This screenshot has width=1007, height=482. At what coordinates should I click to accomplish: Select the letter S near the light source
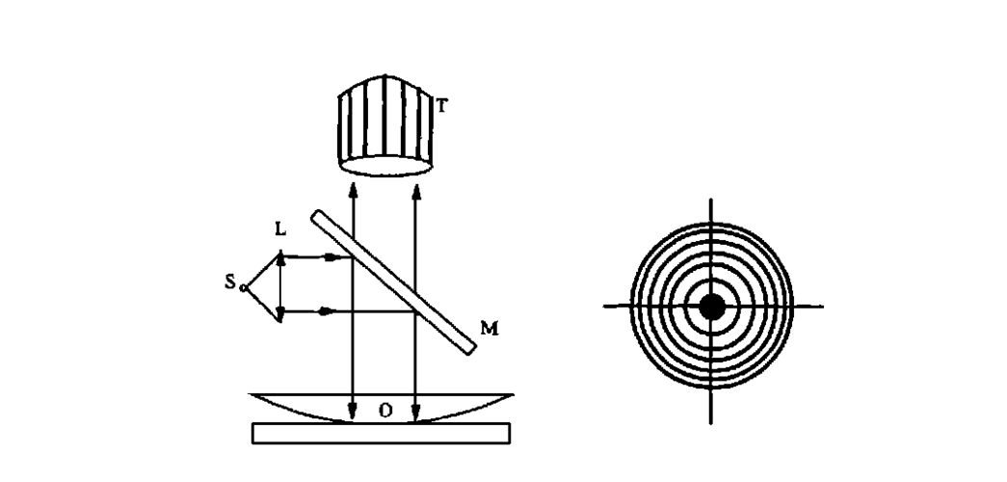(x=230, y=282)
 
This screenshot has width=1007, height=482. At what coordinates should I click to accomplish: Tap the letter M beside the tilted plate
(x=490, y=329)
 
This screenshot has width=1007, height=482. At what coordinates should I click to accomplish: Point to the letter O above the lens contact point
(x=385, y=411)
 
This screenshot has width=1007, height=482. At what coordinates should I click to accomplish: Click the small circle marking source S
(x=244, y=288)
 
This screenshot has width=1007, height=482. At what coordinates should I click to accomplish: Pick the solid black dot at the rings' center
(x=711, y=307)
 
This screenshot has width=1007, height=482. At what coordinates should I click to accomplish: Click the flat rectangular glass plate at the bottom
(x=382, y=433)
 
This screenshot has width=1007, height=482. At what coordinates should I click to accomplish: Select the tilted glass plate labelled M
(x=394, y=282)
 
